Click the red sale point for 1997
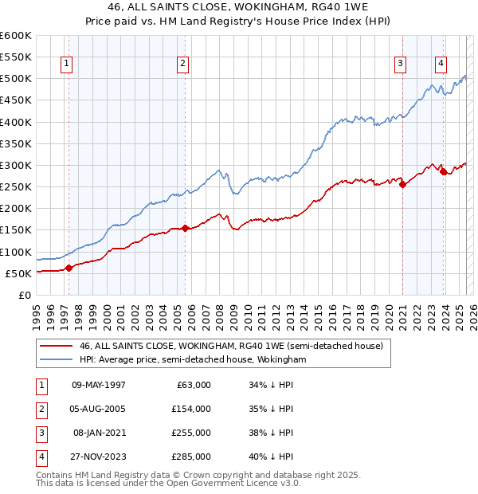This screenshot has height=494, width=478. [x=69, y=268]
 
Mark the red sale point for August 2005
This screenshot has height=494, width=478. [x=185, y=229]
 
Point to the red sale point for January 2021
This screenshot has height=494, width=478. [x=402, y=185]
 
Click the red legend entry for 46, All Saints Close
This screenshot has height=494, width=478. [x=232, y=346]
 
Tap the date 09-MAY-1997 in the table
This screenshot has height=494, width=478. [x=99, y=385]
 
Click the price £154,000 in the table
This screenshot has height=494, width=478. [x=192, y=409]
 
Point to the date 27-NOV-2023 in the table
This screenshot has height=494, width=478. [x=99, y=457]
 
